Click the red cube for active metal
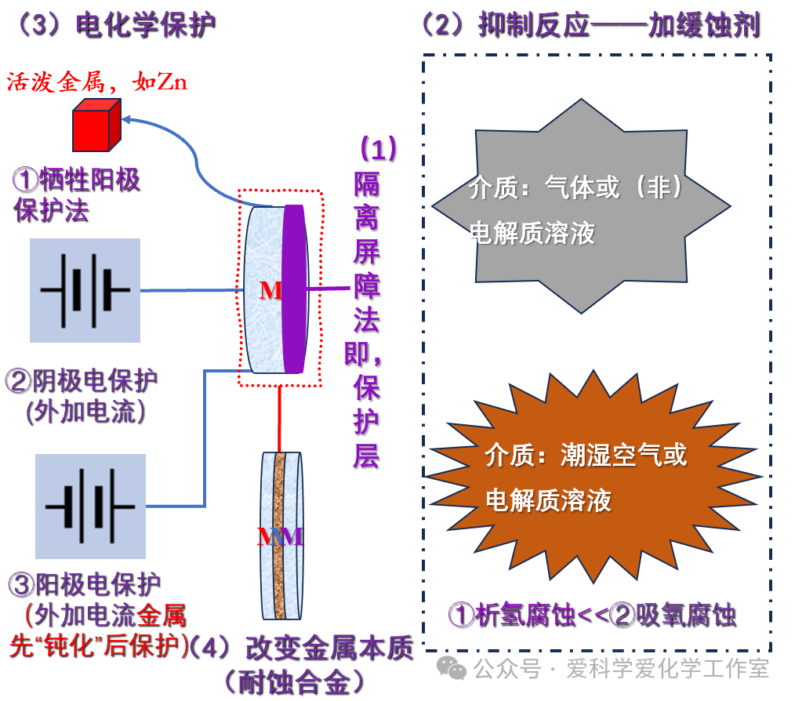pos(96,126)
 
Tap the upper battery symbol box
pos(85,290)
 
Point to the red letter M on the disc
pos(270,291)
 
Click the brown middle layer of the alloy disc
pos(280,536)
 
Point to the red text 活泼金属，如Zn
pos(97,82)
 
